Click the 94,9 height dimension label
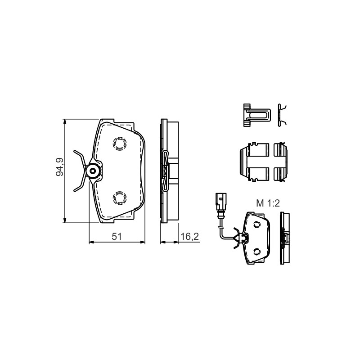tap(60, 167)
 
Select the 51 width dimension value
tap(117, 237)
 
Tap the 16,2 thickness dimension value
tap(189, 237)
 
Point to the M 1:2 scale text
tap(268, 203)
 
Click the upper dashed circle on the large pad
tap(120, 144)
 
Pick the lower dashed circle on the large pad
tap(120, 198)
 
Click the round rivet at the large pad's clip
tap(93, 171)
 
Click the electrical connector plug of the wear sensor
tap(221, 202)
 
